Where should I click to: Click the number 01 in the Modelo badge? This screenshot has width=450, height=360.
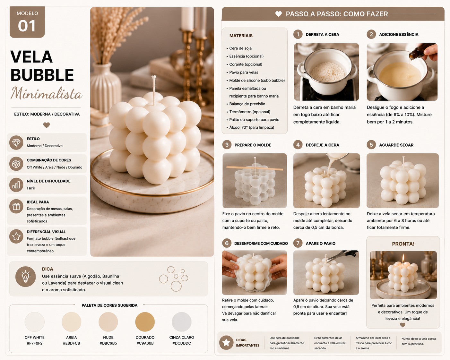tap(27, 26)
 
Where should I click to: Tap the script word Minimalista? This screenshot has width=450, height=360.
tap(47, 93)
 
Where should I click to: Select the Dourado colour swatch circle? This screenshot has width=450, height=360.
tap(145, 322)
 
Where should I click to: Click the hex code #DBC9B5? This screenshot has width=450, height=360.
tap(108, 343)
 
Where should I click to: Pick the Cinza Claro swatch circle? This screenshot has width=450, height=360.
tap(181, 322)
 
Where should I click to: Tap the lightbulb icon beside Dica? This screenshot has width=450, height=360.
tap(25, 276)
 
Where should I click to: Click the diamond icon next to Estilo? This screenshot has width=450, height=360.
tap(16, 142)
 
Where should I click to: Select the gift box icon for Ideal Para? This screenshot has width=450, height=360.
tap(16, 206)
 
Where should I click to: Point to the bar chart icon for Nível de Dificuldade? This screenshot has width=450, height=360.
tap(16, 185)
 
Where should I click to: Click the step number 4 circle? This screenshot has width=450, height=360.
tap(298, 145)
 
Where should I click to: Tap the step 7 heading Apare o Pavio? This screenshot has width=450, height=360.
tap(321, 243)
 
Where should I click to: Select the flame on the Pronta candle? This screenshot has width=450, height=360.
tap(403, 258)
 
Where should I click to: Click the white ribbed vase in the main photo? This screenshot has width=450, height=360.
tap(106, 87)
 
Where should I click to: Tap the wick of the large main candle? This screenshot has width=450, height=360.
tap(154, 90)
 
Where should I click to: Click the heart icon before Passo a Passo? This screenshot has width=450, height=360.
tap(278, 14)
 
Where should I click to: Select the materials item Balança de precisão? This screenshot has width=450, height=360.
tap(247, 104)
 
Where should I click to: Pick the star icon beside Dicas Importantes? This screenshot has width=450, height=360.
tap(226, 342)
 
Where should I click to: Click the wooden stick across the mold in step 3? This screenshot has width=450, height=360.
tap(255, 168)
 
